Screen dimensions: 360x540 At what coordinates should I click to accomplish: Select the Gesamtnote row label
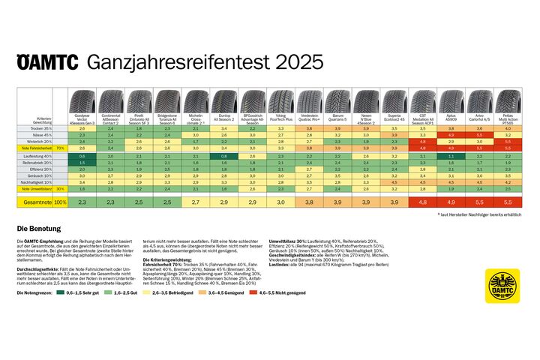tap(36, 202)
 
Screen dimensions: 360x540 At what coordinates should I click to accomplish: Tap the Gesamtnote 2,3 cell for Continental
tap(110, 202)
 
